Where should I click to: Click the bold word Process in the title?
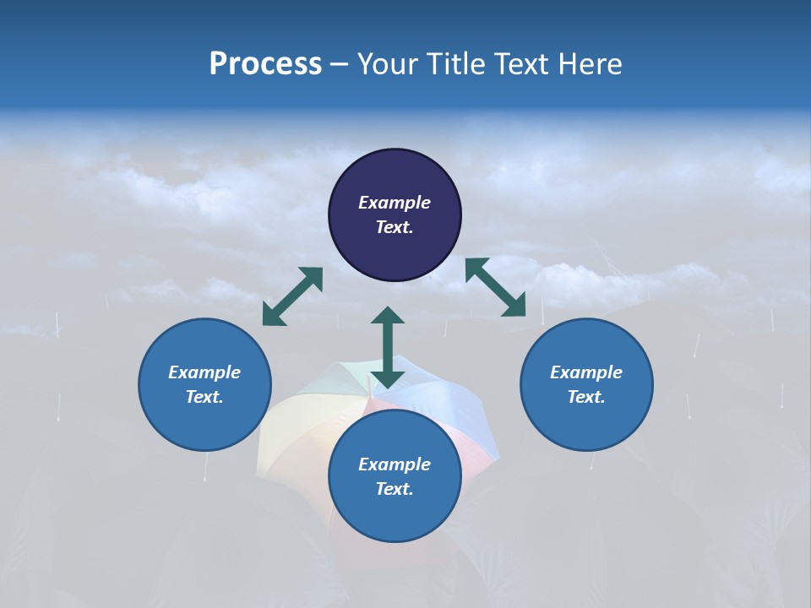point(265,64)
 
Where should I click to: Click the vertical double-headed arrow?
point(388,347)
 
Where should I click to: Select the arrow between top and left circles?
point(292,296)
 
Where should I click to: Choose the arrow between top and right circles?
point(495,287)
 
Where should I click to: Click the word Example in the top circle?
point(395,203)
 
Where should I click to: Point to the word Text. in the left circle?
point(204,397)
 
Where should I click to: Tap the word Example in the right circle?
point(586,372)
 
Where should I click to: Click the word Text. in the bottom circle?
point(395,489)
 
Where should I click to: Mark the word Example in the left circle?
point(204,372)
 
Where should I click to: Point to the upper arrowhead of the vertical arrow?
point(388,316)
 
